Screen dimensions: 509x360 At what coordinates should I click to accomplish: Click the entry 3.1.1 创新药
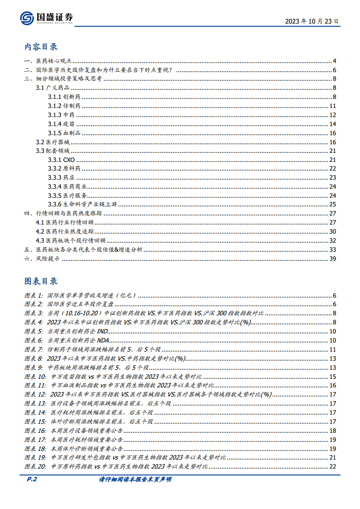click(x=64, y=97)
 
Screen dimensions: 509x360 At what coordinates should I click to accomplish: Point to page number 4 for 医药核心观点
click(x=334, y=61)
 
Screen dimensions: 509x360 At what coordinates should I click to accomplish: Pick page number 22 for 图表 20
click(x=332, y=466)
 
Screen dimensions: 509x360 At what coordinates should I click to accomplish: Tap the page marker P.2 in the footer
click(x=30, y=479)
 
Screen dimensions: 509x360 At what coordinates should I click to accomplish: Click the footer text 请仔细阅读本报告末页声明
click(x=135, y=480)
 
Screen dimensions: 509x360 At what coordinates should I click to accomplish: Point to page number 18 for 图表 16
click(x=332, y=430)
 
